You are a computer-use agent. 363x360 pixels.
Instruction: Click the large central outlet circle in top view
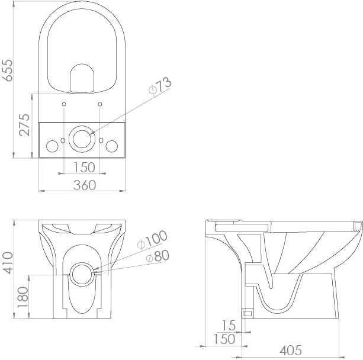pos(82,139)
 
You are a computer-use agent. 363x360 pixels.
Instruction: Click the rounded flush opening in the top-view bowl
pos(82,79)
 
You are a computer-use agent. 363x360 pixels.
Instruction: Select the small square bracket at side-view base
pos(248,311)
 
